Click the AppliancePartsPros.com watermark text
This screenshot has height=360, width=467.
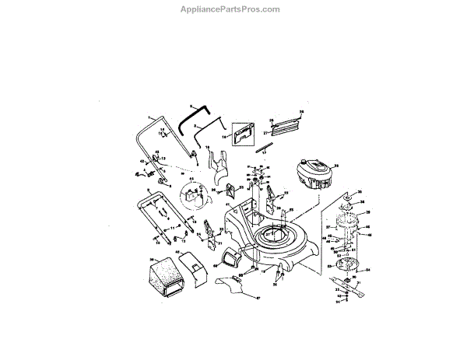click(233, 9)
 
